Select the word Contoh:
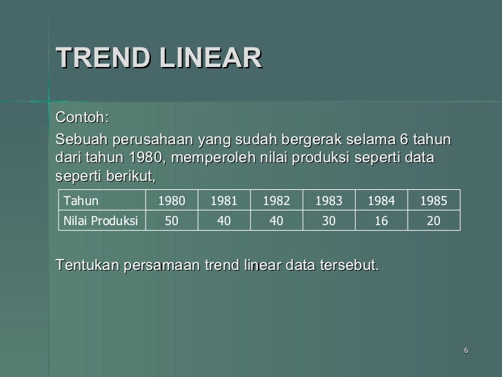pyautogui.click(x=82, y=114)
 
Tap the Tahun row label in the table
pyautogui.click(x=81, y=201)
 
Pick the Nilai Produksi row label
pyautogui.click(x=100, y=220)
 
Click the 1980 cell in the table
pyautogui.click(x=172, y=201)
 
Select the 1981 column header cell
pyautogui.click(x=223, y=201)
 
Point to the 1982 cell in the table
pyautogui.click(x=276, y=201)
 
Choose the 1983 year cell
pyautogui.click(x=329, y=201)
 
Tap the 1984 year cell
pyautogui.click(x=381, y=201)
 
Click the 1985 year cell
pyautogui.click(x=434, y=201)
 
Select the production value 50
pyautogui.click(x=172, y=220)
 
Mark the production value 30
pyautogui.click(x=329, y=220)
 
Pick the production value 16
pyautogui.click(x=381, y=220)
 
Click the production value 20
pyautogui.click(x=434, y=220)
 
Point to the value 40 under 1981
pyautogui.click(x=223, y=220)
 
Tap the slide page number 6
pyautogui.click(x=466, y=350)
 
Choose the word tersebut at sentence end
pyautogui.click(x=351, y=266)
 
